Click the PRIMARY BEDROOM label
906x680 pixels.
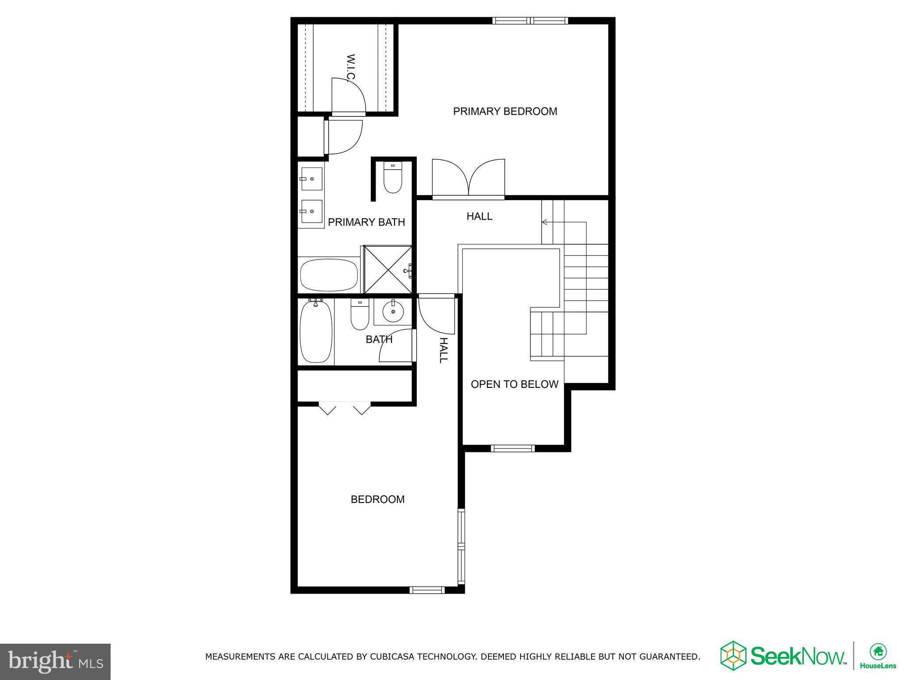[x=505, y=111]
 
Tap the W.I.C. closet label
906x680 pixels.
[x=350, y=68]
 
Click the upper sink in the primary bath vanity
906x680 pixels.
[x=311, y=178]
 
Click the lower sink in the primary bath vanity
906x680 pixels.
[x=311, y=212]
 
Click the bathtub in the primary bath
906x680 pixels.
[x=329, y=275]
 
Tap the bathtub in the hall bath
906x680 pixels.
[x=316, y=331]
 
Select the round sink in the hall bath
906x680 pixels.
[x=393, y=311]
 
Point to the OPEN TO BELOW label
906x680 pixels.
[x=514, y=384]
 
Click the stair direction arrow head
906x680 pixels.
[x=544, y=222]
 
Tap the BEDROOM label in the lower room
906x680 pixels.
[x=377, y=499]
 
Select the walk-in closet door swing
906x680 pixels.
[x=349, y=97]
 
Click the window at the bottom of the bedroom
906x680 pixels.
[x=426, y=590]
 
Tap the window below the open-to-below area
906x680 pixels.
[x=513, y=448]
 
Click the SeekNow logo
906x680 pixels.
[x=783, y=656]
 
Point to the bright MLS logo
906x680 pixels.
[x=55, y=662]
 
